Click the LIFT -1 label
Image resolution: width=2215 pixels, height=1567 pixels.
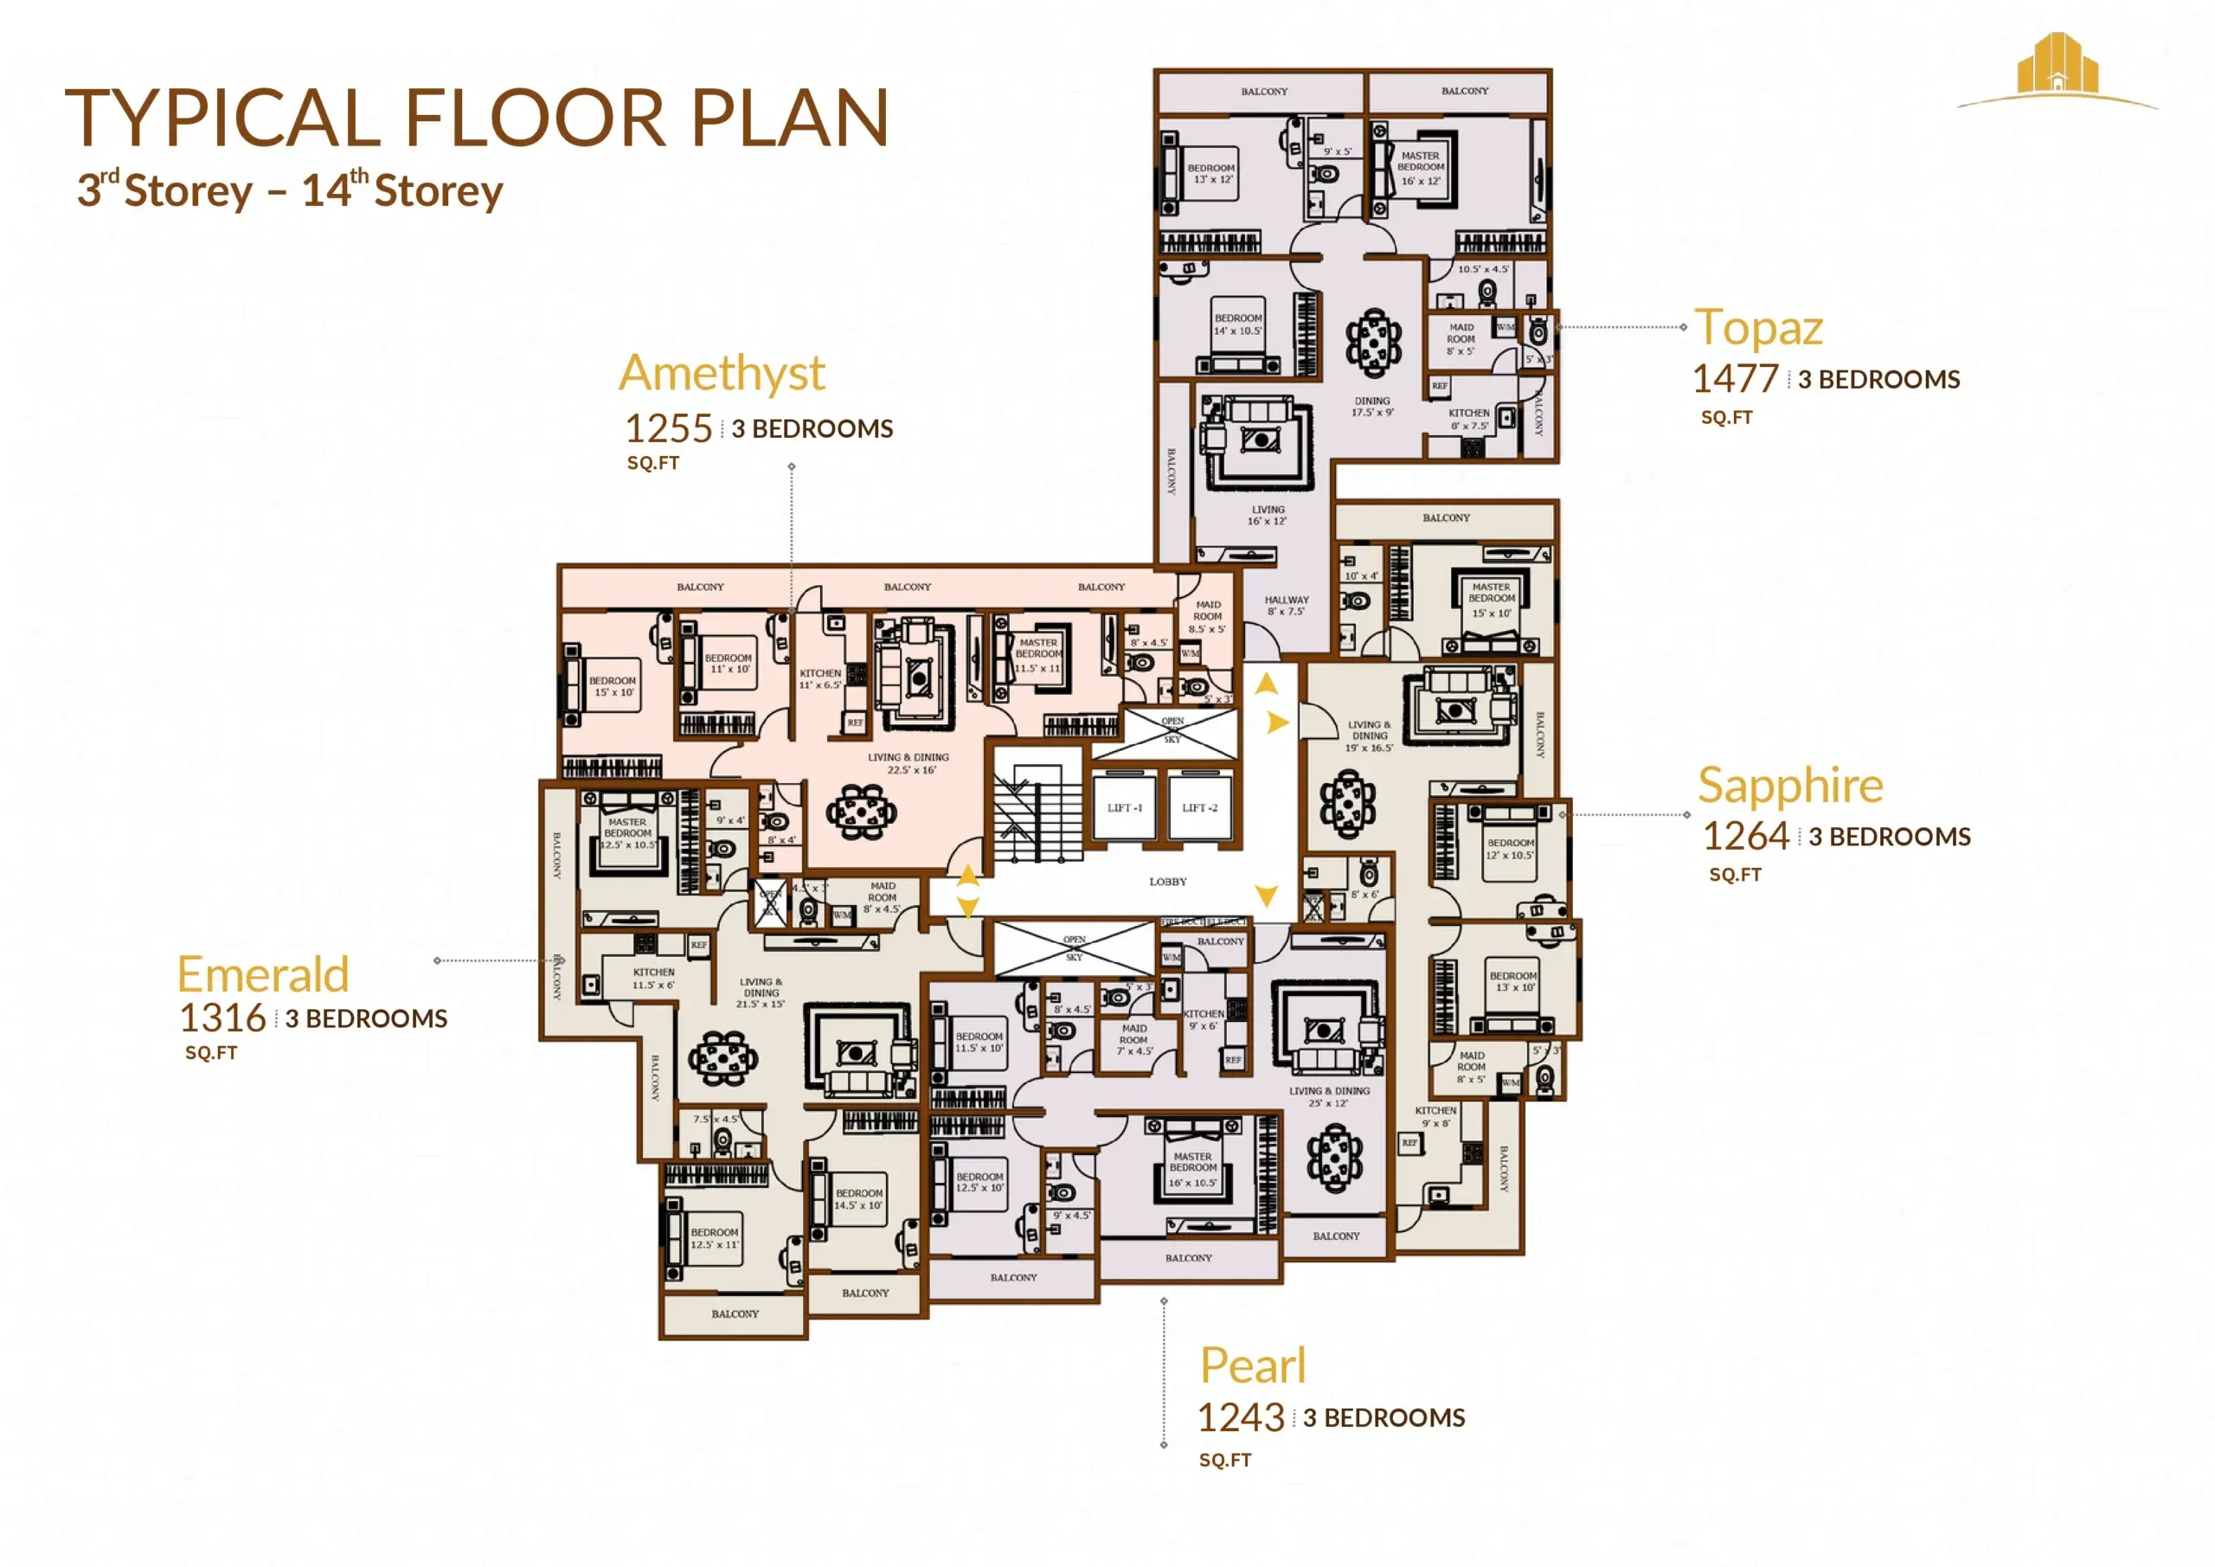tap(1124, 807)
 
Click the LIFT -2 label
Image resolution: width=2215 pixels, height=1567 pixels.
tap(1199, 807)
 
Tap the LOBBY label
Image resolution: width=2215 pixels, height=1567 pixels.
tap(1167, 881)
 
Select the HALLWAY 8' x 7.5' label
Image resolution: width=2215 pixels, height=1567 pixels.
tap(1286, 605)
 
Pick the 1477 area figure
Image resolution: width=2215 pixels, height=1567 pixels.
tap(1735, 379)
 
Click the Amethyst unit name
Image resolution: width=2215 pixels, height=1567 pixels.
tap(722, 374)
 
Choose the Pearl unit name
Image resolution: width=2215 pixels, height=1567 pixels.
tap(1252, 1365)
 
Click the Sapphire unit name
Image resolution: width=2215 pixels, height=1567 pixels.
tap(1789, 785)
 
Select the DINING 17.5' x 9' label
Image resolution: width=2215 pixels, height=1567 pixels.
tap(1372, 406)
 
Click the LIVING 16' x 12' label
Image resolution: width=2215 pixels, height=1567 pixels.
tap(1268, 515)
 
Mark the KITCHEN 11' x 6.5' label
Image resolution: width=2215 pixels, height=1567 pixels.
tap(820, 678)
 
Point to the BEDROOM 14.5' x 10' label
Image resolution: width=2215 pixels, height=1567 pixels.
tap(858, 1198)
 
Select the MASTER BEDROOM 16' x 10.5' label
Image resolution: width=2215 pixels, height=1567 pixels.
tap(1192, 1168)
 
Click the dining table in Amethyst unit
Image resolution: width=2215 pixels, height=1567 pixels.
tap(861, 812)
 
